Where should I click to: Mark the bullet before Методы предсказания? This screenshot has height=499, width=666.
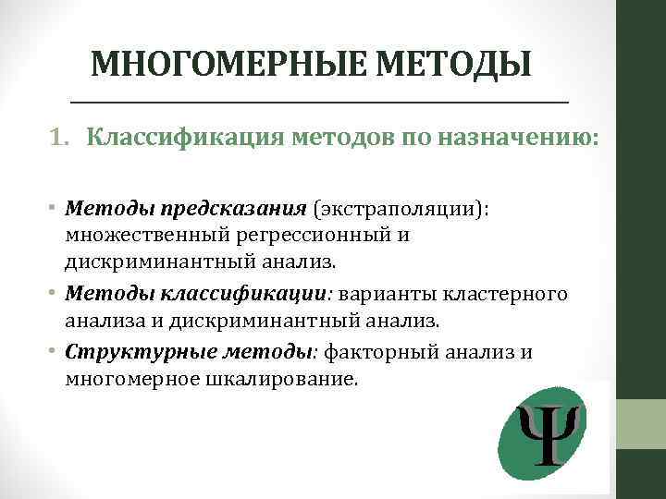point(55,208)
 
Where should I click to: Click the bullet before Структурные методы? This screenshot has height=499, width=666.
point(55,353)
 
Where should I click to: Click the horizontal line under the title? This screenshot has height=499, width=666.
point(319,100)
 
